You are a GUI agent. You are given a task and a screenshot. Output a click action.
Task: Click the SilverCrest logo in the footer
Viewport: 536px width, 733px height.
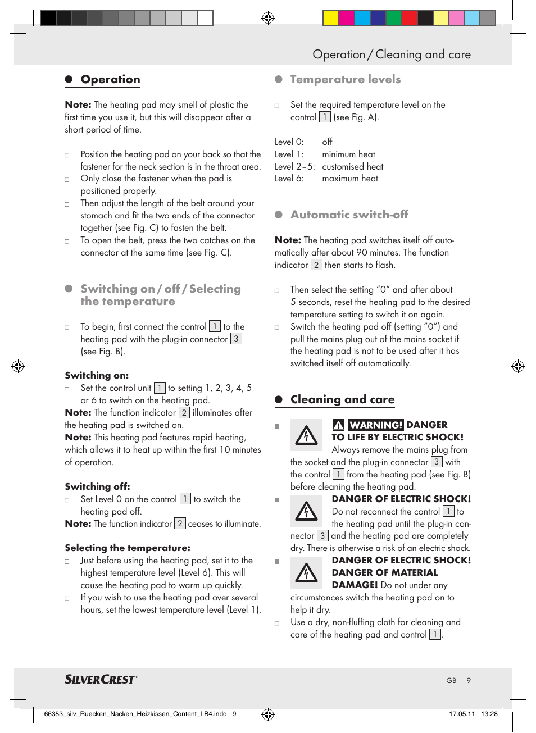tap(101, 679)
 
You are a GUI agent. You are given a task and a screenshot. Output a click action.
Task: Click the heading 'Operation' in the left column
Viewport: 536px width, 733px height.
tap(110, 79)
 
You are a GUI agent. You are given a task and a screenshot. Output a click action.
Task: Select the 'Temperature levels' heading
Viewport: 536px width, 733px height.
tap(345, 79)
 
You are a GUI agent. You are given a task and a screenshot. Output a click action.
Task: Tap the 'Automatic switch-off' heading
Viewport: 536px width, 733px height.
tap(349, 215)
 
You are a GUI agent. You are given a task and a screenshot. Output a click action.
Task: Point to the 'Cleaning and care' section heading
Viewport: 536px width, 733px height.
tap(342, 399)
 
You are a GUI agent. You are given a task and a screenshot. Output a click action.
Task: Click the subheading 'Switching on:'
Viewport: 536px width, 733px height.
tap(97, 375)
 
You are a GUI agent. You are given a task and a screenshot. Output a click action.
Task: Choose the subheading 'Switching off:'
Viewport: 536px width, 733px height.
tap(97, 486)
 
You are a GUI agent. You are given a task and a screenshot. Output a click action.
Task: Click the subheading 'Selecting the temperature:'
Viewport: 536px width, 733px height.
tap(128, 548)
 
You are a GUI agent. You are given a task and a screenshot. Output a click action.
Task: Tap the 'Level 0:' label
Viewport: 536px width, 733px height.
tap(289, 142)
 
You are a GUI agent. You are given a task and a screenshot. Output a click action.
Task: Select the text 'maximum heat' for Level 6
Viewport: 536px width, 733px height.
tap(350, 179)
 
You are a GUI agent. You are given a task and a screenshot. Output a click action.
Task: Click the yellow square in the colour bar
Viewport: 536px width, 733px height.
tap(330, 18)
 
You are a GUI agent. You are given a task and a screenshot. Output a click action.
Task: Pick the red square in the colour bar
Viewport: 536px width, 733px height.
tap(410, 18)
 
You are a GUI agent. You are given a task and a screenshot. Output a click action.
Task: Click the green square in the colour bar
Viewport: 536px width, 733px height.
tap(394, 18)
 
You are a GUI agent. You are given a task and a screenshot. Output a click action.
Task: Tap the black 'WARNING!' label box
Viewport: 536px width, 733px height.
tap(375, 425)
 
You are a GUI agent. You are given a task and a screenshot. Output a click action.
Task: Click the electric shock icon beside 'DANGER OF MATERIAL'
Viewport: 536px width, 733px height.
tap(306, 572)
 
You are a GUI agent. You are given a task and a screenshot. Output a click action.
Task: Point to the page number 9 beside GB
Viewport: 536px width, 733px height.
tap(469, 680)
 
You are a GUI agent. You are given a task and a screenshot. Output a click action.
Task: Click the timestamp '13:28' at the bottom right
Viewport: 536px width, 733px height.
tap(489, 714)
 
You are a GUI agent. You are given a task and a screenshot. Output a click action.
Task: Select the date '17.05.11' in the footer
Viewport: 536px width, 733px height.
tap(462, 714)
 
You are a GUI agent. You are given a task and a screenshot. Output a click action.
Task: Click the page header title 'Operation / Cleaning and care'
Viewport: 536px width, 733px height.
tap(392, 54)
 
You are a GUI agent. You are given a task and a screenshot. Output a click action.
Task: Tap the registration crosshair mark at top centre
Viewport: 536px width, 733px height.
tap(268, 18)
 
